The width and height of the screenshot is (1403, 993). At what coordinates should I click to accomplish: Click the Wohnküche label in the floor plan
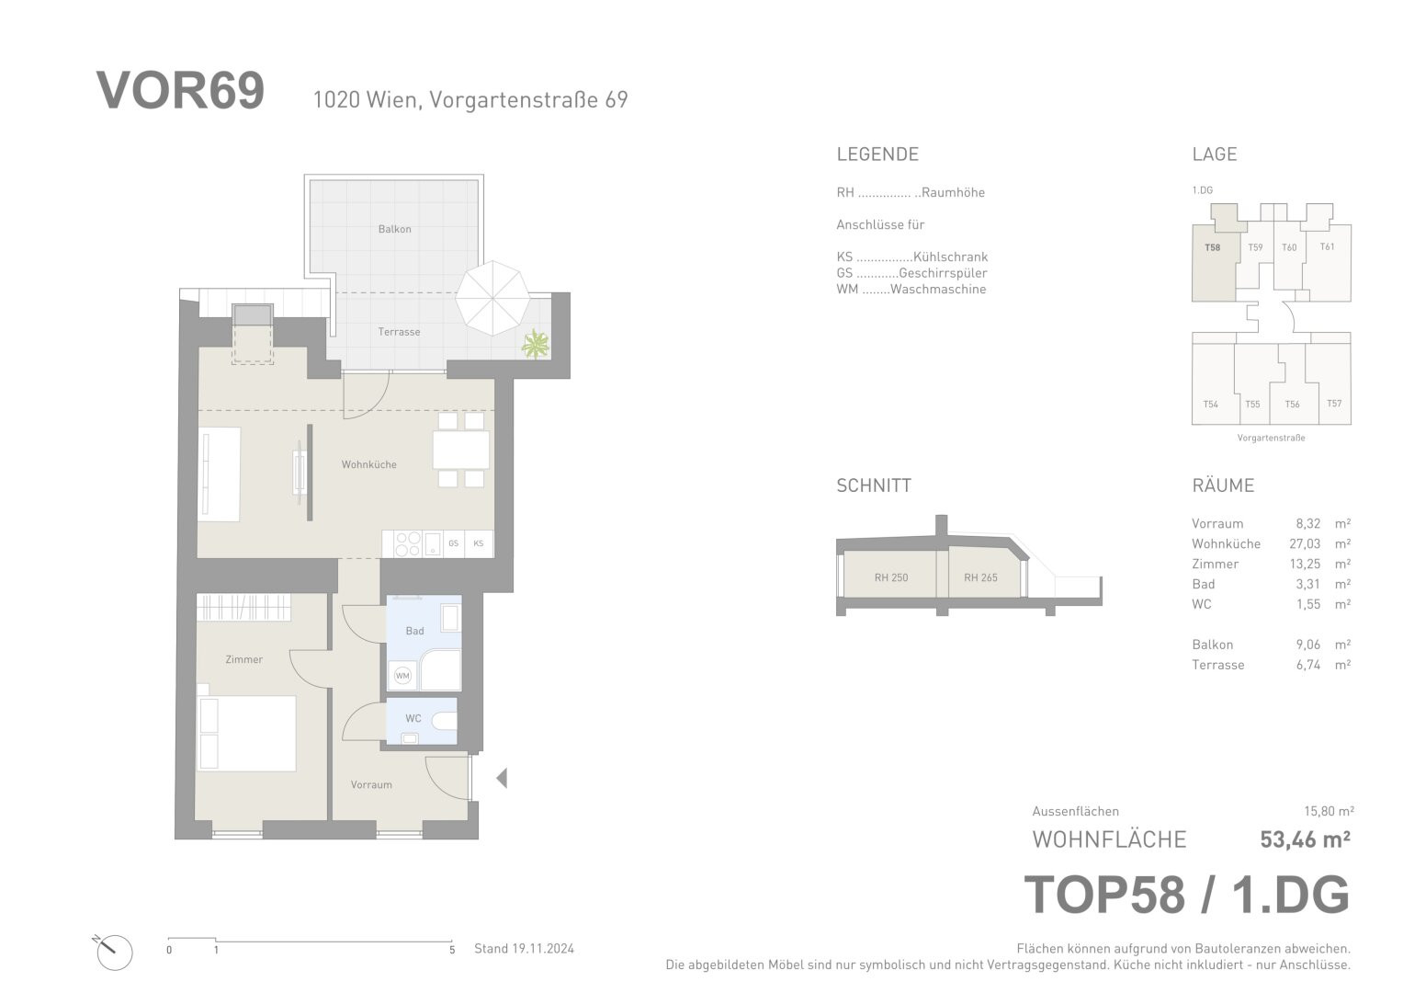369,464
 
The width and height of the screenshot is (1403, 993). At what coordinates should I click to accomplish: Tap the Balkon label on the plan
394,230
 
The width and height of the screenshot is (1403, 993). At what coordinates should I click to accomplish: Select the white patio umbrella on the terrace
492,298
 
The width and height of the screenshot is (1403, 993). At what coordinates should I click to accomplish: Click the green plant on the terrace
536,344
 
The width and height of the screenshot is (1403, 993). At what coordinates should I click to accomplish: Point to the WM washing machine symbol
402,676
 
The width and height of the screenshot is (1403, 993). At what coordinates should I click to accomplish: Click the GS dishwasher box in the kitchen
454,543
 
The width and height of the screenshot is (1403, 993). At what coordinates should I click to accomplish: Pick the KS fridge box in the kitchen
479,543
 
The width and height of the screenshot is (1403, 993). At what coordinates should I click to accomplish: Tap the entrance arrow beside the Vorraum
502,779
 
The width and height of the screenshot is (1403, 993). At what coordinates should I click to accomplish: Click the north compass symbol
114,953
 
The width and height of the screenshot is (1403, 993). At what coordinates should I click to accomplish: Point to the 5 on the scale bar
452,950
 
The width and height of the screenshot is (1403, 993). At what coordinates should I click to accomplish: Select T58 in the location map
1213,247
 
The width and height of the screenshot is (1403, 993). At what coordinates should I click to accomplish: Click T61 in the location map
1328,247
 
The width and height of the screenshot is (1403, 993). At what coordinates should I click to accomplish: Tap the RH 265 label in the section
981,578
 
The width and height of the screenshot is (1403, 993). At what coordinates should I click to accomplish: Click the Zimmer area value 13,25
1305,565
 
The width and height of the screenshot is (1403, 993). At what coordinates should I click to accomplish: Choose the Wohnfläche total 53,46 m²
1306,839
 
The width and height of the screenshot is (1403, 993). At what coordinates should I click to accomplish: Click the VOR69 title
180,91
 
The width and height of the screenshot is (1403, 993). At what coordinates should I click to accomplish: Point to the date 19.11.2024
542,949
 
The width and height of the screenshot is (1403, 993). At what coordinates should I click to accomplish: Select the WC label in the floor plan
413,718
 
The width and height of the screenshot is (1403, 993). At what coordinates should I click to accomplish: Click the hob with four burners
407,543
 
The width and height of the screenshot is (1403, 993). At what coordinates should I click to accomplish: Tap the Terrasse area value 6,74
1308,665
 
